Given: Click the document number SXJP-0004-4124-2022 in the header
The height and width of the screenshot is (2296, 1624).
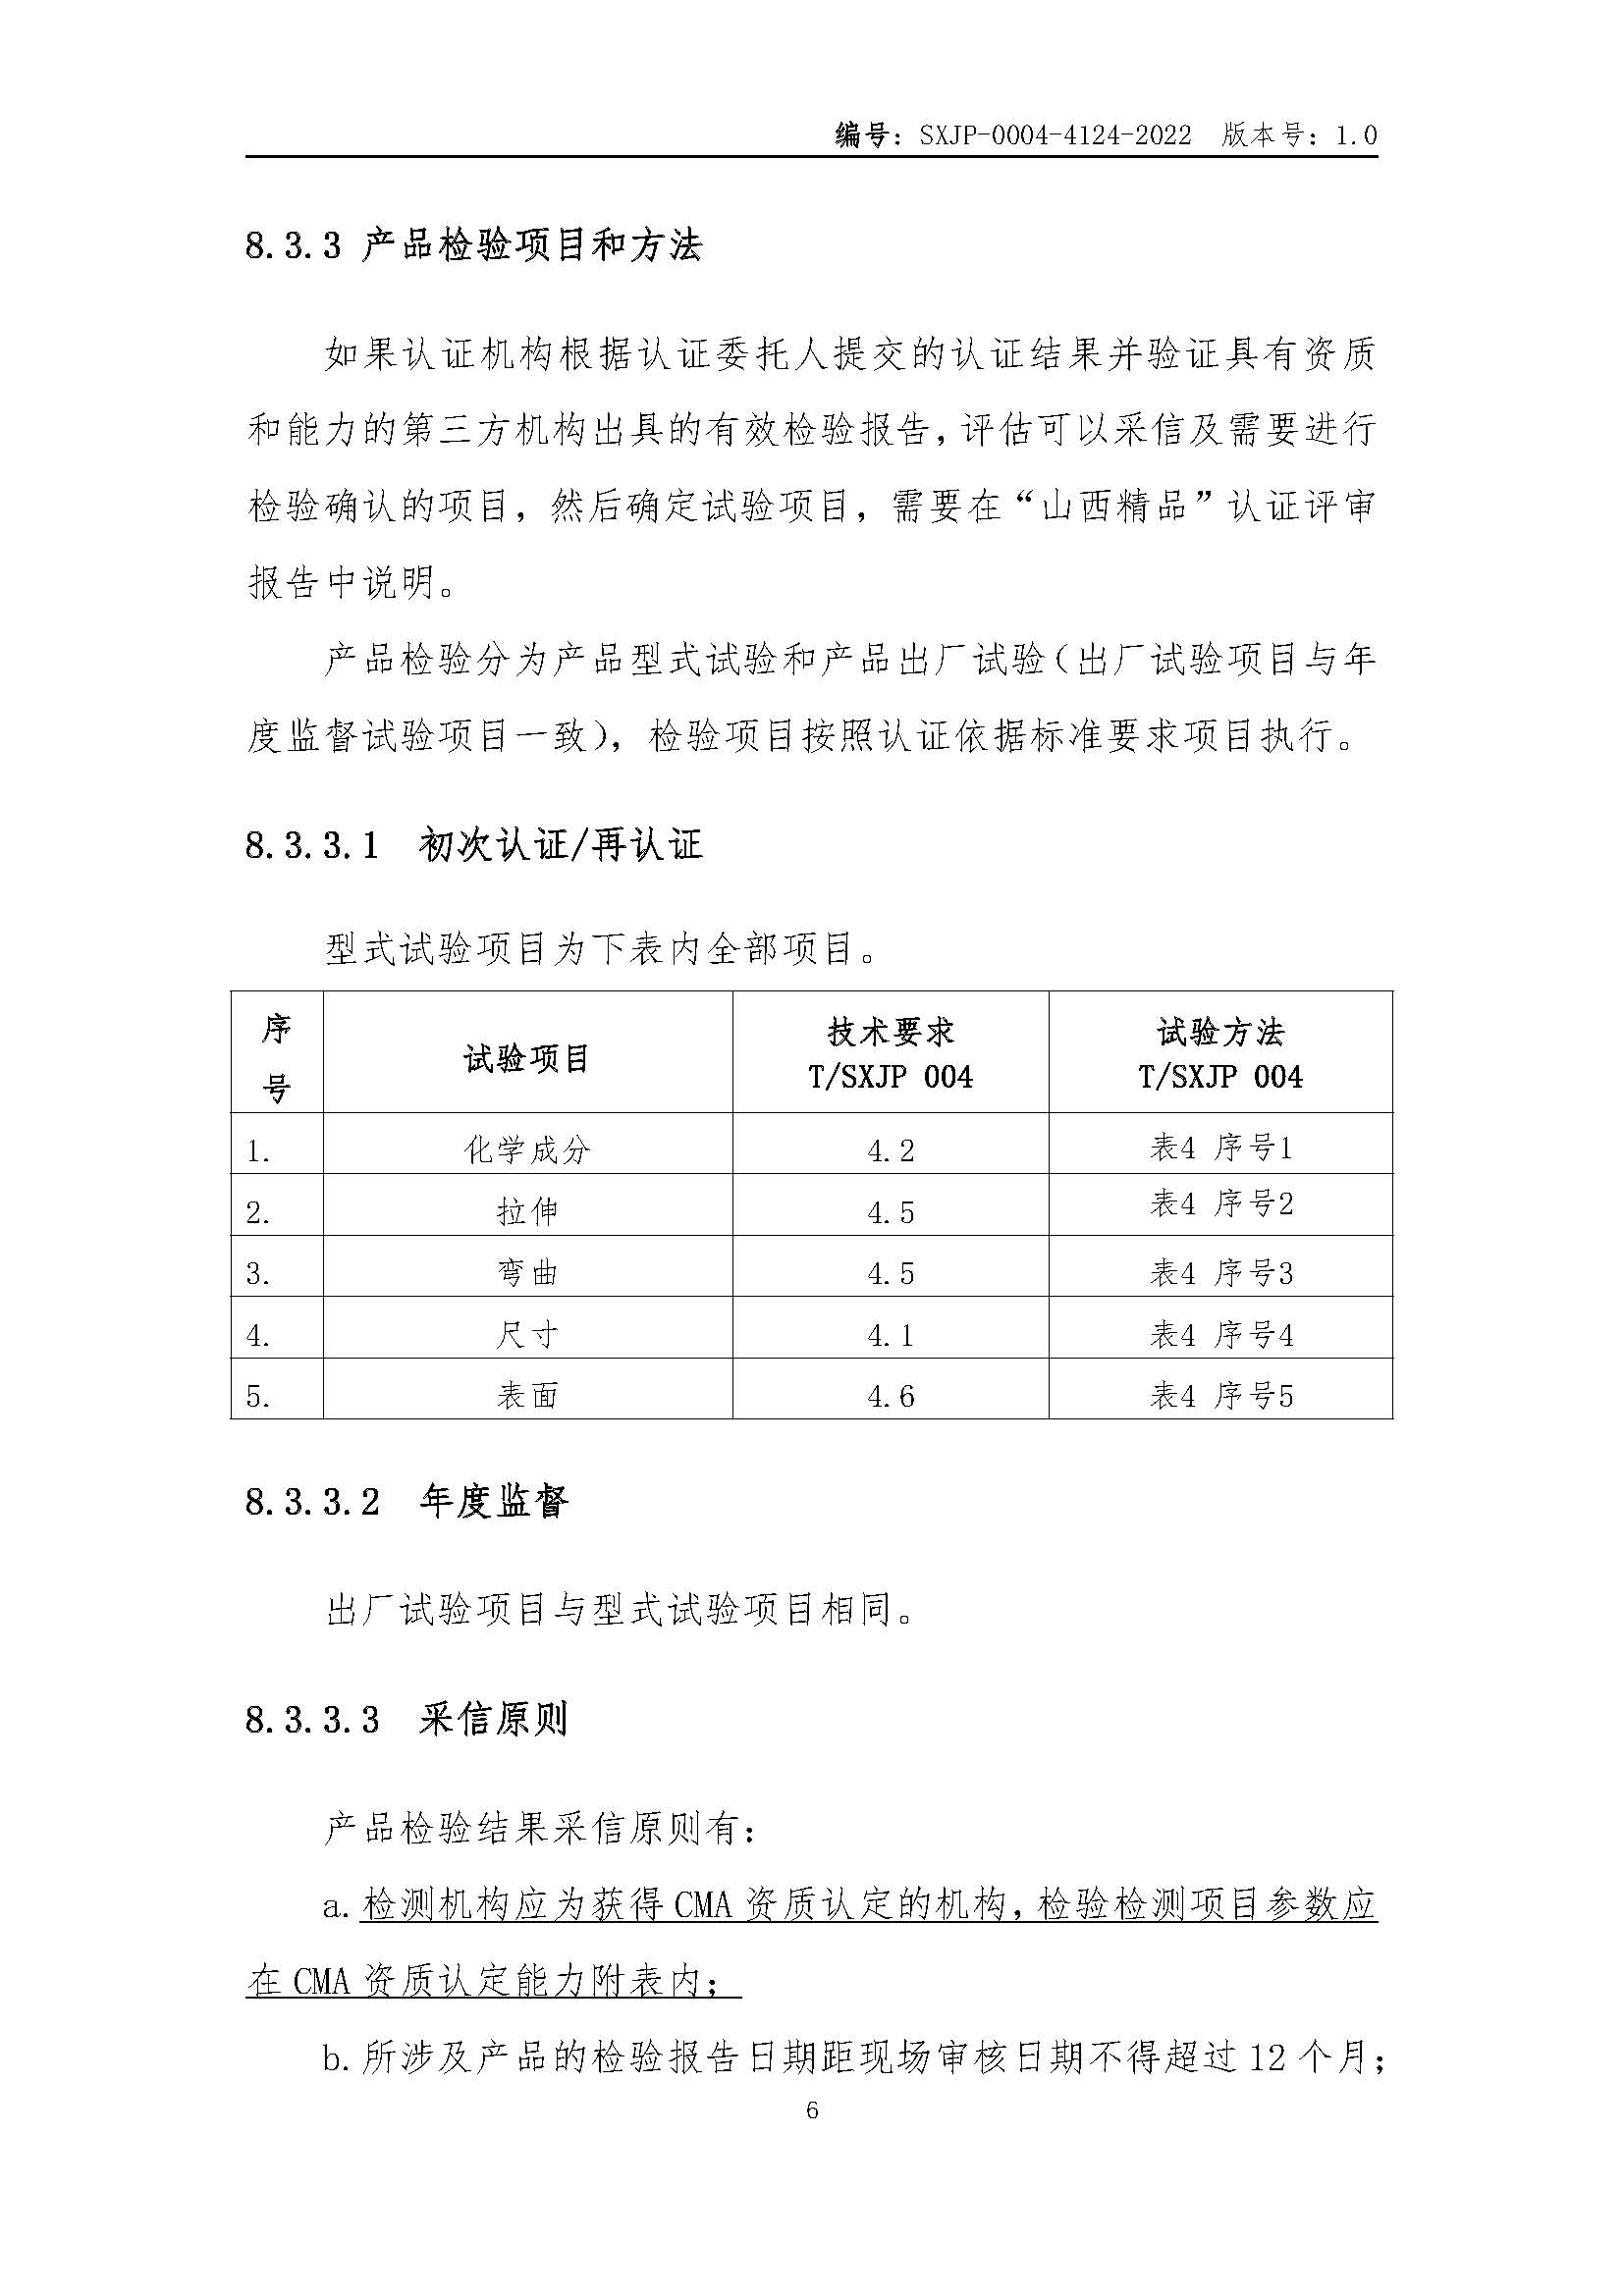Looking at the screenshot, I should pos(1055,136).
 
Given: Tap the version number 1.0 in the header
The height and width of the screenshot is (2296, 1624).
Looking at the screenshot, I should pos(1356,136).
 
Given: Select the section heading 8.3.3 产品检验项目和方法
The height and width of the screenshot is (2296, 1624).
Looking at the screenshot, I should pos(474,245).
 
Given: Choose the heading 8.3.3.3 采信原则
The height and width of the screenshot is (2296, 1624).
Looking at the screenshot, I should pos(407,1719).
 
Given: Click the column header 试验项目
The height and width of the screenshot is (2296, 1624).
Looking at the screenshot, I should pos(527,1058).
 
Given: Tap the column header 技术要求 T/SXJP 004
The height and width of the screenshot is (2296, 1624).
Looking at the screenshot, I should pos(890,1054).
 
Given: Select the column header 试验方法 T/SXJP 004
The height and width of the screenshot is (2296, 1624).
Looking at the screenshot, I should pos(1220,1054).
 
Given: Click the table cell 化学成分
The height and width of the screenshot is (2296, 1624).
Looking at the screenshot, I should pos(527,1150).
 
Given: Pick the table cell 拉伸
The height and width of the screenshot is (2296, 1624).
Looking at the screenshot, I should pos(527,1212).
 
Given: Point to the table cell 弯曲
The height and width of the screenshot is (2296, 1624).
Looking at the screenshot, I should pos(527,1273).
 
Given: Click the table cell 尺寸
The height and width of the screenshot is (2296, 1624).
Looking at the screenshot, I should pos(527,1335).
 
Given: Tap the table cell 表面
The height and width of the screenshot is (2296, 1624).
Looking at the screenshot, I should pos(527,1396).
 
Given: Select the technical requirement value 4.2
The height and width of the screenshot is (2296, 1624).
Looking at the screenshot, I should pos(890,1151).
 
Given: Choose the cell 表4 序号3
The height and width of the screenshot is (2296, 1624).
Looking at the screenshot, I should pos(1220,1273).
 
